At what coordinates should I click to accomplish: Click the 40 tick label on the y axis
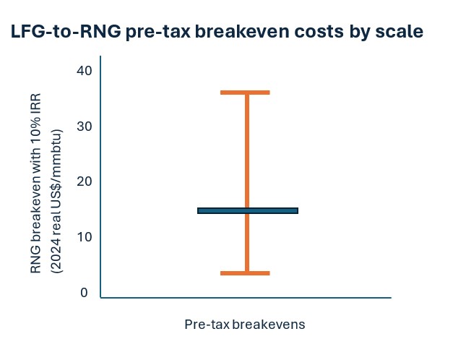point(83,70)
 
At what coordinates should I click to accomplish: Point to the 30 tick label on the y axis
point(83,126)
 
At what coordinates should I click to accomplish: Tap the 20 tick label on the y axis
point(83,181)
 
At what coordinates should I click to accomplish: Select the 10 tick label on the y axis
point(83,237)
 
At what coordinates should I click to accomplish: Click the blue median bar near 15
point(247,210)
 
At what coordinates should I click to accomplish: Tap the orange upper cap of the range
point(245,93)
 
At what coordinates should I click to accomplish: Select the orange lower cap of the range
point(245,273)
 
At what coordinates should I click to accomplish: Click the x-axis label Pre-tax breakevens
point(244,325)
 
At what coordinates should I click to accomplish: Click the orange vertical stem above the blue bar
point(246,152)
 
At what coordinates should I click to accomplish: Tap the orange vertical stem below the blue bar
point(246,242)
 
